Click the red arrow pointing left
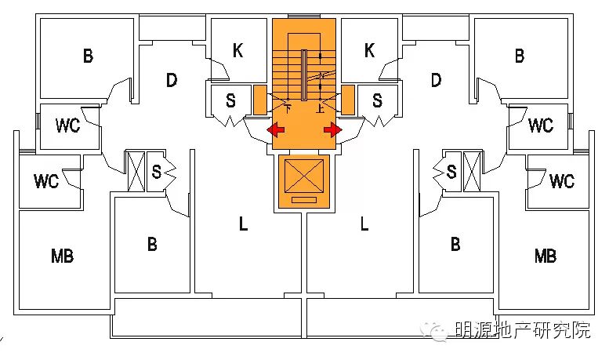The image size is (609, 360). (x=274, y=129)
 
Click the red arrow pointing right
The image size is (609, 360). (x=334, y=129)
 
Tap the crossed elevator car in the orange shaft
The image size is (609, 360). (x=304, y=176)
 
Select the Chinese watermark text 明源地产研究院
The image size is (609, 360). (x=523, y=331)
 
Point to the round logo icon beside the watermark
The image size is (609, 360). (x=435, y=331)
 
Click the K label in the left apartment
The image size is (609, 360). (x=238, y=51)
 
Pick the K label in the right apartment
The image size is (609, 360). (x=369, y=51)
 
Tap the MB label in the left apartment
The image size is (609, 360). (x=62, y=256)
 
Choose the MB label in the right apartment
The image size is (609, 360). (x=546, y=256)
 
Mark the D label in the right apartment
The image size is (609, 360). (x=436, y=80)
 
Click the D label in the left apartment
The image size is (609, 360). (x=172, y=80)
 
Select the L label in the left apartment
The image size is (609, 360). (x=243, y=225)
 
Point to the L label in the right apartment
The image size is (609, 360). (x=364, y=225)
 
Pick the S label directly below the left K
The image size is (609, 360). (x=230, y=100)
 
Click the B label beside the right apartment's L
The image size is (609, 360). (x=455, y=244)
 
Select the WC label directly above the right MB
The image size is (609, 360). (x=561, y=181)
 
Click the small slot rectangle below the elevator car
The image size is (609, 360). (x=304, y=202)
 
